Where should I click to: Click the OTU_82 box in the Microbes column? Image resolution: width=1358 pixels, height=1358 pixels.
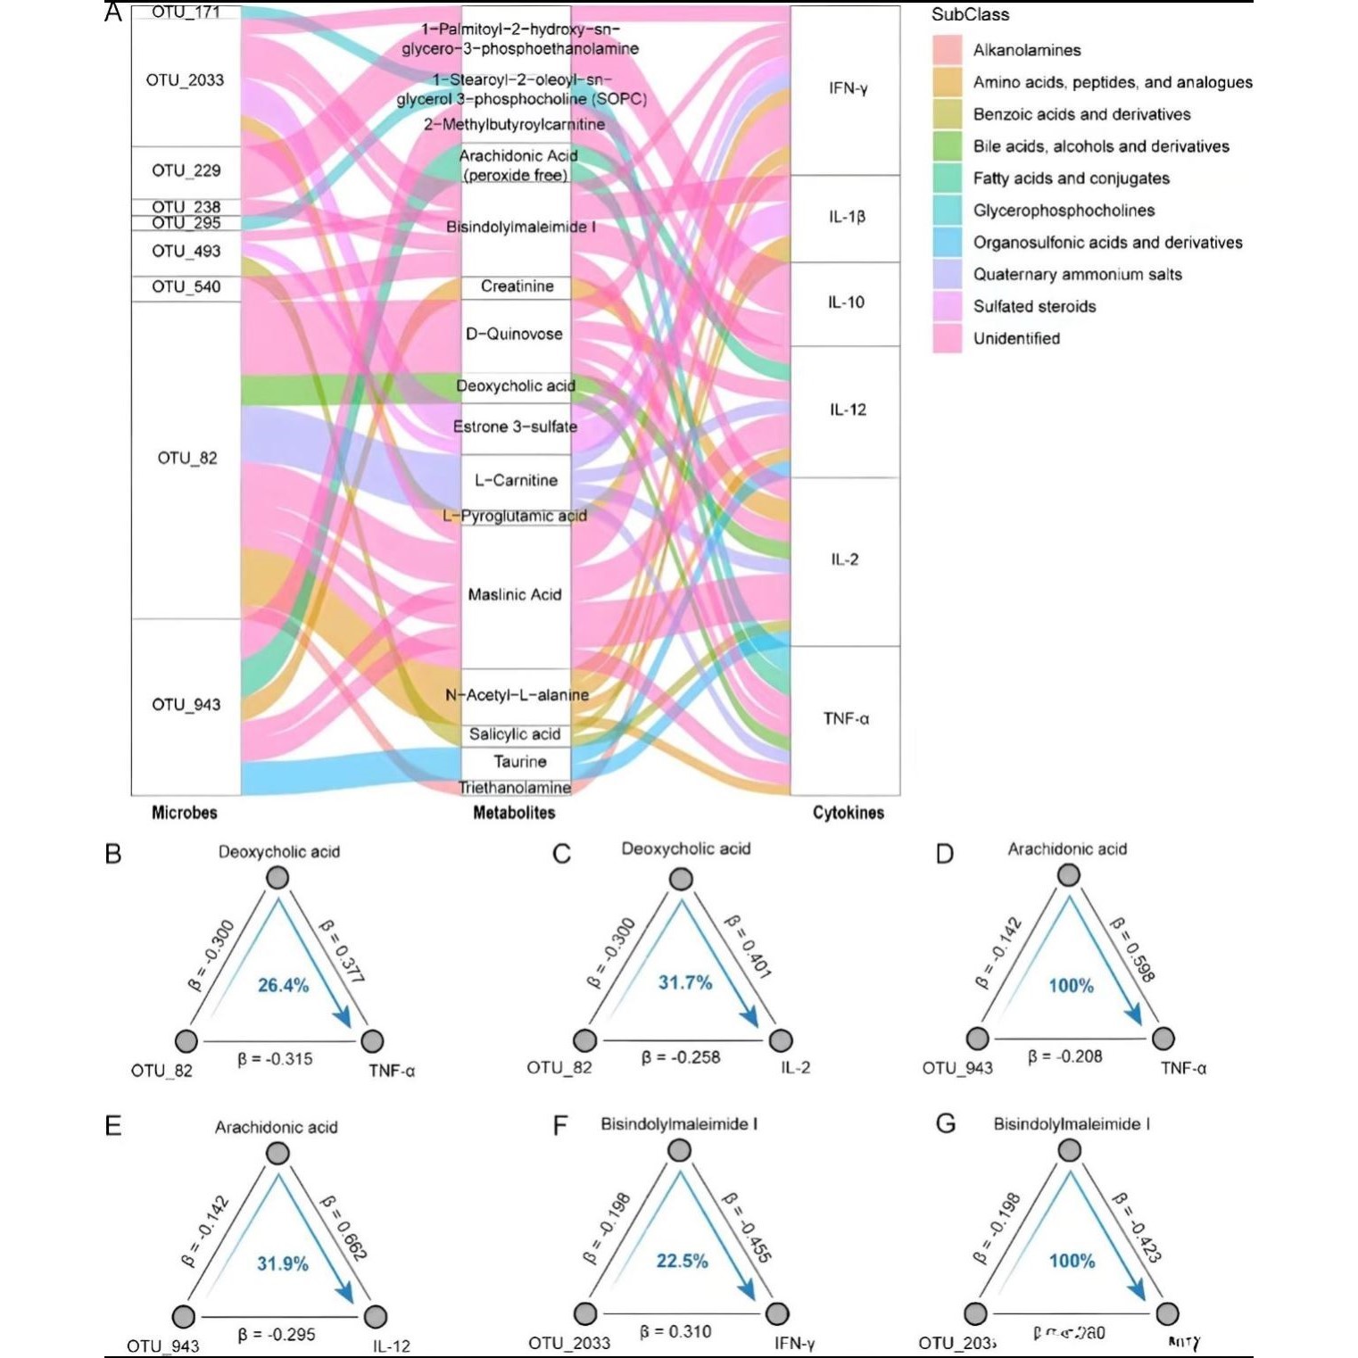[186, 459]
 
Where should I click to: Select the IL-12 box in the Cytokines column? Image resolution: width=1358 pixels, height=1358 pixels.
[846, 410]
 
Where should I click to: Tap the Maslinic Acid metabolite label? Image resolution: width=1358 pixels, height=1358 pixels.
[515, 594]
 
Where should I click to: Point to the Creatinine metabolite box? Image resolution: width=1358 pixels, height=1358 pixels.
[516, 286]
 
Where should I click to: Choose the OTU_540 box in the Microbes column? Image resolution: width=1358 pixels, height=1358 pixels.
[186, 287]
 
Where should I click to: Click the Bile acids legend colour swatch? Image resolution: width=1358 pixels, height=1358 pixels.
[948, 146]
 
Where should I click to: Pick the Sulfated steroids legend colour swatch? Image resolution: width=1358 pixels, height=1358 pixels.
[948, 306]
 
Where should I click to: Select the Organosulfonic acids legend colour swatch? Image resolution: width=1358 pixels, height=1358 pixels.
[948, 242]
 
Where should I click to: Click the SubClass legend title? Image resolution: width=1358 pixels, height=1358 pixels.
[970, 15]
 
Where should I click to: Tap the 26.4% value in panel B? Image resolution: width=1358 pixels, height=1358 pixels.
[283, 985]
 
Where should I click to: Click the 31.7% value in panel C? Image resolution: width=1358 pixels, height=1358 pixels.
[685, 982]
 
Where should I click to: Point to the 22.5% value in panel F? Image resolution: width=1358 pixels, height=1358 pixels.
[682, 1261]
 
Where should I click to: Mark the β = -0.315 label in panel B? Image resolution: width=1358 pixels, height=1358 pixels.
[275, 1059]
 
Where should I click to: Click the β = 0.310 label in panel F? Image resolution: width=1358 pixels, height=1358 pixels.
[675, 1332]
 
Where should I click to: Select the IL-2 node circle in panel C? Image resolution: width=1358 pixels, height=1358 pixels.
[781, 1040]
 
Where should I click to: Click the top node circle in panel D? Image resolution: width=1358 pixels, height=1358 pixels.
[1068, 875]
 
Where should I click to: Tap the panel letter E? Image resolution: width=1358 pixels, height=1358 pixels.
[113, 1126]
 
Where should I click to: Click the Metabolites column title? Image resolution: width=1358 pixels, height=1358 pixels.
[514, 813]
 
